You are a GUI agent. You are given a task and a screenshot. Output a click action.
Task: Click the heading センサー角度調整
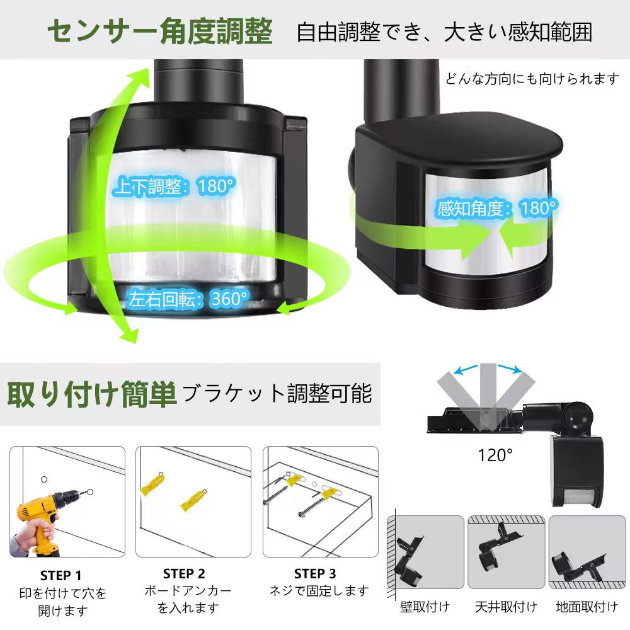tap(160, 31)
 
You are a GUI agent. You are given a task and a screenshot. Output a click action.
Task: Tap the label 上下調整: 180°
tap(174, 186)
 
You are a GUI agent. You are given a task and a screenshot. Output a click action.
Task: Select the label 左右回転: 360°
tap(188, 299)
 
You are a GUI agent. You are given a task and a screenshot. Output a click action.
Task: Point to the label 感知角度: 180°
tap(498, 208)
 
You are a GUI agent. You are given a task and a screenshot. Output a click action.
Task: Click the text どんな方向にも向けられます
tap(532, 79)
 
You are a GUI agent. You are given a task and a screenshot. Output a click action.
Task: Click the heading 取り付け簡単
tap(92, 394)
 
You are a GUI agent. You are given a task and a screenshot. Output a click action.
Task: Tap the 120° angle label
tap(495, 455)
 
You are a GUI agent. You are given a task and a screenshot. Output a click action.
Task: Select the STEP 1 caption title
tap(60, 575)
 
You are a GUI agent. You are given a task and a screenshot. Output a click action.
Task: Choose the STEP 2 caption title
tap(184, 573)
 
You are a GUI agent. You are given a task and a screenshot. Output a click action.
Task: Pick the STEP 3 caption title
tap(315, 573)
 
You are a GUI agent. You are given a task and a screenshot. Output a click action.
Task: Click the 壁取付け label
tap(425, 607)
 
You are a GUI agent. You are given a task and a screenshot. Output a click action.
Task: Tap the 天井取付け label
tap(507, 607)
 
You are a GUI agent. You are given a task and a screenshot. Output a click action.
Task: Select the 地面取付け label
tap(587, 607)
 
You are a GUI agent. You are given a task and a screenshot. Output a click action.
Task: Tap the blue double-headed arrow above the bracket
tap(488, 369)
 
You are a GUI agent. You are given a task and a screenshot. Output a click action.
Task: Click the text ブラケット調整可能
tap(277, 393)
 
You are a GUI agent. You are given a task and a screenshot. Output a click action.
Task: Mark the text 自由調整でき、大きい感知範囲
tap(444, 32)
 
